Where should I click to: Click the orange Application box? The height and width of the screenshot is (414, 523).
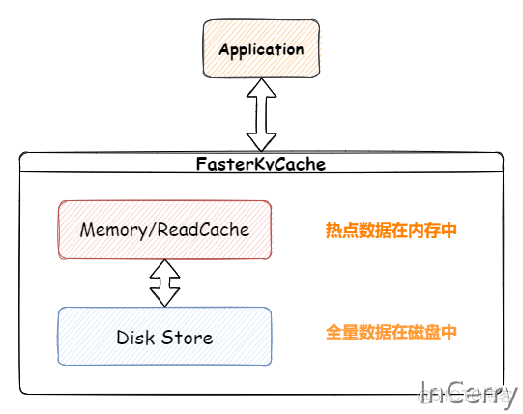260,49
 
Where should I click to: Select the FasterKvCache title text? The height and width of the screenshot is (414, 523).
261,164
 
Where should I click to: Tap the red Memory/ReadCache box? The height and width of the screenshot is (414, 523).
164,230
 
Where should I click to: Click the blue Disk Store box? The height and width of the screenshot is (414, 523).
164,337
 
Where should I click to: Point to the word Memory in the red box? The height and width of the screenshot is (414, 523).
112,230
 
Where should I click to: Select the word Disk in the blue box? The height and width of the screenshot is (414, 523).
135,338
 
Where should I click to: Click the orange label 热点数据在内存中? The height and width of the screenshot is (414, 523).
391,231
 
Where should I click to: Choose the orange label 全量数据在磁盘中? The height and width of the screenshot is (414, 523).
391,332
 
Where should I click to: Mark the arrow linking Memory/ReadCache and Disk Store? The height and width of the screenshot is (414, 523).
164,283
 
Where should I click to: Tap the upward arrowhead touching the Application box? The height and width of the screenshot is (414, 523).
261,90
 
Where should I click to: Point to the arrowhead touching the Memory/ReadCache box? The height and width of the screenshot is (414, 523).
164,269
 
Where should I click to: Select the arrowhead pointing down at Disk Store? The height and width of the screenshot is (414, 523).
164,298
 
